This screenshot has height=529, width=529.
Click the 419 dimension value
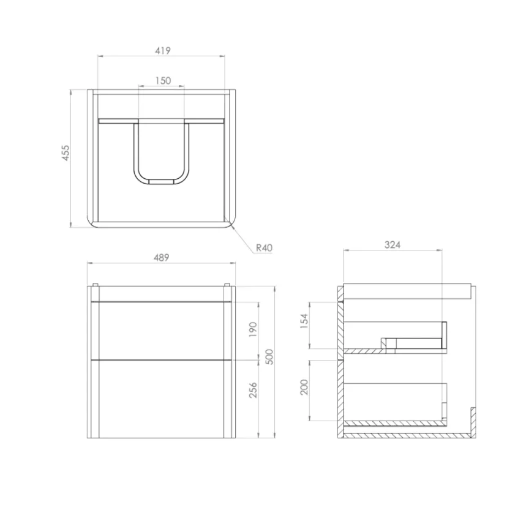[x=162, y=50]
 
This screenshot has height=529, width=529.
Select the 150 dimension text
[x=162, y=80]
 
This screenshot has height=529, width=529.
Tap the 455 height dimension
[x=66, y=153]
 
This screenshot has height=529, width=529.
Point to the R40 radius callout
[x=263, y=247]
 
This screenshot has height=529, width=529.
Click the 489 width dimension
[x=161, y=258]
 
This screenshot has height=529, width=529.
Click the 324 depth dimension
[x=392, y=244]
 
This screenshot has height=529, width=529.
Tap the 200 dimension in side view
[x=304, y=387]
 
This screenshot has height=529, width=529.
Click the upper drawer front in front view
[x=162, y=330]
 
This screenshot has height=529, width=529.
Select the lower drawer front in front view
[x=162, y=399]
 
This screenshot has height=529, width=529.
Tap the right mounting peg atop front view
[x=228, y=285]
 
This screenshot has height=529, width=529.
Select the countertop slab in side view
[x=407, y=291]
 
